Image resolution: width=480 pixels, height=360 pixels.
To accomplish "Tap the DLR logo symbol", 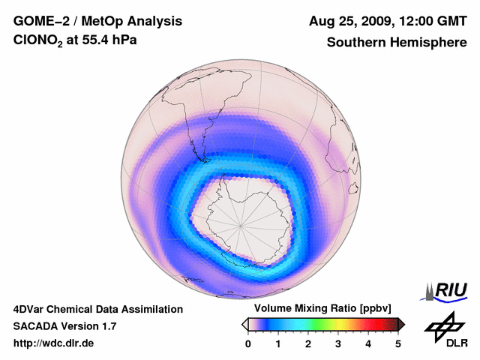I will click(x=445, y=328).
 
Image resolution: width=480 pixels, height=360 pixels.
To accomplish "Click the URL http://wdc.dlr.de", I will click(x=54, y=343).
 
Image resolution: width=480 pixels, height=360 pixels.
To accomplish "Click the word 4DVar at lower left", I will click(x=31, y=309).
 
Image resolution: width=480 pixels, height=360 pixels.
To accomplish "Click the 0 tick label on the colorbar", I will click(x=248, y=343).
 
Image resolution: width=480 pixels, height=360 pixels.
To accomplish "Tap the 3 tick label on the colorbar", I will click(x=338, y=343).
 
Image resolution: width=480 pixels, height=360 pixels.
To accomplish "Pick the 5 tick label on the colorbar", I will click(x=398, y=343).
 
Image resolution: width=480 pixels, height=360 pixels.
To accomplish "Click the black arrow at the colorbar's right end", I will click(x=401, y=324).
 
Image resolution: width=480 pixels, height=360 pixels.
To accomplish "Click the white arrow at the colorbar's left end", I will click(x=244, y=324).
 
